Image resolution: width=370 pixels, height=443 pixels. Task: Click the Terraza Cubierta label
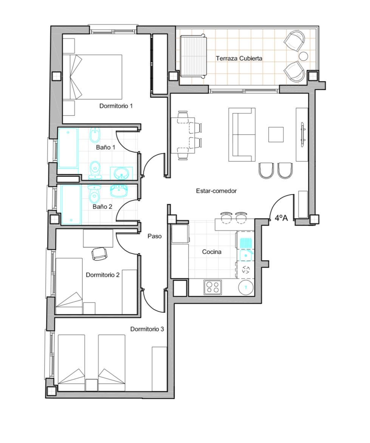[239, 58]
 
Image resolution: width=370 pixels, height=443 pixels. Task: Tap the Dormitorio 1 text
[116, 106]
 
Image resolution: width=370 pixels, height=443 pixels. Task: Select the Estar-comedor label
[216, 191]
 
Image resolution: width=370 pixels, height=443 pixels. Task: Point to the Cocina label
[212, 252]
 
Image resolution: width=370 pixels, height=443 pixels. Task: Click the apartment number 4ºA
[281, 218]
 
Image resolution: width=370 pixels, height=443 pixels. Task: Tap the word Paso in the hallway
[155, 236]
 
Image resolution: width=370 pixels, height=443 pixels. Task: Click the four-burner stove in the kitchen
[213, 287]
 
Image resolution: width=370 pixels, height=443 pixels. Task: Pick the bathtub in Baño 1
[68, 148]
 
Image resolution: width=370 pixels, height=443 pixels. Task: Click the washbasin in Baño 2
[119, 191]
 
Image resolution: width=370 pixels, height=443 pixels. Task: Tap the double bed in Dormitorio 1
[92, 77]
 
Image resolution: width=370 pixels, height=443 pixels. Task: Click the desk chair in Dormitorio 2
[99, 253]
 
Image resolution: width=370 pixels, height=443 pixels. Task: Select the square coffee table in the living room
[276, 134]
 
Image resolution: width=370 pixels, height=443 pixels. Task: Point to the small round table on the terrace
[304, 56]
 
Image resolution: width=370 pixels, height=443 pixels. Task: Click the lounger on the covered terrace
[193, 56]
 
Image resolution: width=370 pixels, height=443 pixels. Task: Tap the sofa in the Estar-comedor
[242, 135]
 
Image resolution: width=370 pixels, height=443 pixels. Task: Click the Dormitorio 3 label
[147, 329]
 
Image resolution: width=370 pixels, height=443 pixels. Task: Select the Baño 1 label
[105, 147]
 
